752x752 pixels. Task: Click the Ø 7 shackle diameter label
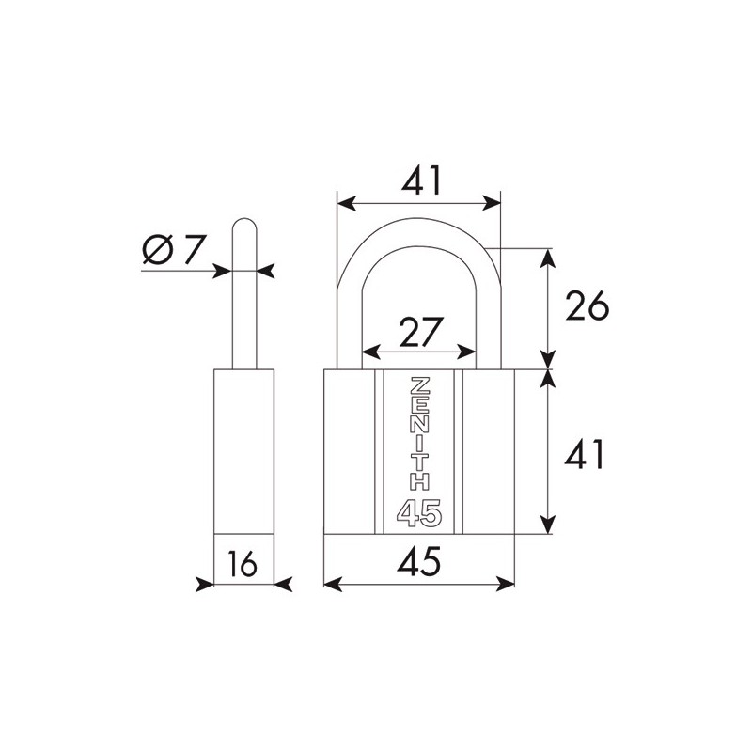point(175,249)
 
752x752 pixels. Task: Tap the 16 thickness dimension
point(243,564)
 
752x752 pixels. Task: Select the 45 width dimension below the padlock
point(418,561)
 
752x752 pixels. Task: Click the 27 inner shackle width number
point(419,332)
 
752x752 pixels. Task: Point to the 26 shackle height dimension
point(587,306)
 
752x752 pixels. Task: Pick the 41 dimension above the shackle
point(420,180)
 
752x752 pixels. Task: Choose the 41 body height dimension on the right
point(584,454)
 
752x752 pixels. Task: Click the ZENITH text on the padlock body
point(419,434)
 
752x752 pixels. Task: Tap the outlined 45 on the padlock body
point(418,513)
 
